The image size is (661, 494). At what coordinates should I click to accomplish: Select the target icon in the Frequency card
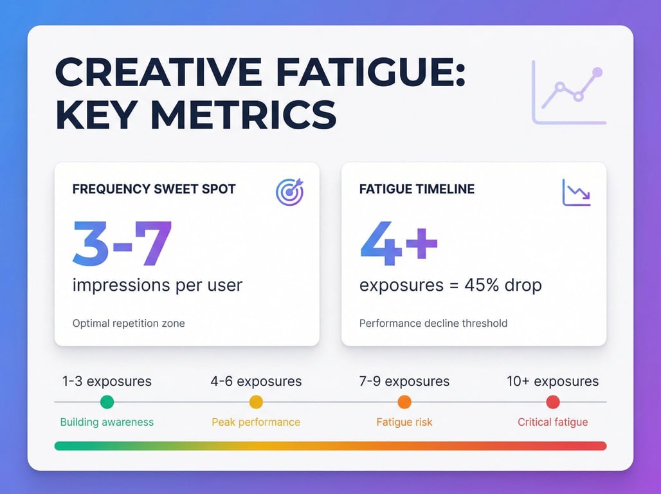[289, 192]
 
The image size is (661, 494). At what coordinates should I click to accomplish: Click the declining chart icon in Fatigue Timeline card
[575, 192]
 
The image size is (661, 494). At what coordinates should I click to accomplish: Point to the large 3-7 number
[122, 244]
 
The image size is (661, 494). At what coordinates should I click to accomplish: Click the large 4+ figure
[399, 244]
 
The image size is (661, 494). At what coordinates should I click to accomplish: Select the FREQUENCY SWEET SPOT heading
[154, 190]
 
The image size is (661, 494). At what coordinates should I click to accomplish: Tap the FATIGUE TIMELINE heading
[417, 190]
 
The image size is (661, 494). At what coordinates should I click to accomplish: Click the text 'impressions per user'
[158, 285]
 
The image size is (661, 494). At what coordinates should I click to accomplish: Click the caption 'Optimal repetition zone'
[129, 323]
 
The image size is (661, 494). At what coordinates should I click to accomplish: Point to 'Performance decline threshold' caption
[433, 323]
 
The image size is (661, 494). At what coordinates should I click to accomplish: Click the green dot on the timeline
[107, 402]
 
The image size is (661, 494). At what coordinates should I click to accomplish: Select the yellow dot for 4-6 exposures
[256, 402]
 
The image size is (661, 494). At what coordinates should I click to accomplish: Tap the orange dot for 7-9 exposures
[404, 402]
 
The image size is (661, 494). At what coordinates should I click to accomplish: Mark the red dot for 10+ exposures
[553, 402]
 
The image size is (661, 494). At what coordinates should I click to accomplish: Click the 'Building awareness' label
[107, 423]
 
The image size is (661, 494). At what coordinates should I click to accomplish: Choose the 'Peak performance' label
[256, 423]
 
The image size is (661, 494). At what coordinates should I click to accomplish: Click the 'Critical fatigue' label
[553, 423]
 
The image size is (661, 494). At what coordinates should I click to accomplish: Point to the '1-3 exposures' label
[107, 381]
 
